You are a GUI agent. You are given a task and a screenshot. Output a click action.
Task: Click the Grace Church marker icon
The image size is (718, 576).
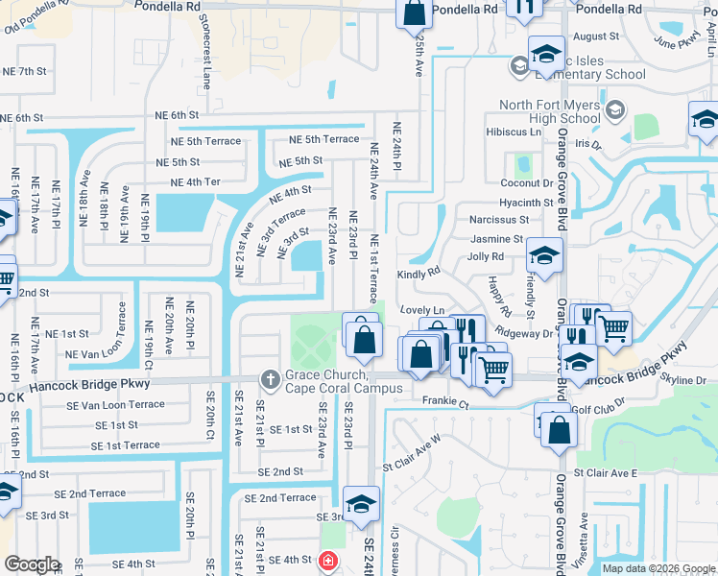269,380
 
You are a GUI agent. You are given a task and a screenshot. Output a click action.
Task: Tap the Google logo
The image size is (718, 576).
32,564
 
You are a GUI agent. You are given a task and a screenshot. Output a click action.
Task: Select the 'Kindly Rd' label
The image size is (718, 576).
419,272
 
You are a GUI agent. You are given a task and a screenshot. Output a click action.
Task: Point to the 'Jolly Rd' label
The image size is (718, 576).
485,256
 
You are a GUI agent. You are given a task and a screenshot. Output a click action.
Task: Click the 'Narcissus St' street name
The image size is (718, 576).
492,221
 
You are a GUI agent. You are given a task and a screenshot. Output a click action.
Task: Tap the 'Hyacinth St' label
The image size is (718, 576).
526,203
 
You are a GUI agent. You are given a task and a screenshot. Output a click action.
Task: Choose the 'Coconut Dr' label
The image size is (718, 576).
526,182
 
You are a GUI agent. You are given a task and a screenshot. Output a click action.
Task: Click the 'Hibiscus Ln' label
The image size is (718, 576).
514,132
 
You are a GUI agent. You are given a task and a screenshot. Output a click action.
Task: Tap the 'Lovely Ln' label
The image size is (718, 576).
423,310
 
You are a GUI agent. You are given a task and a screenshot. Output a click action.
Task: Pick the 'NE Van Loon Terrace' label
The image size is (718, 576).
103,354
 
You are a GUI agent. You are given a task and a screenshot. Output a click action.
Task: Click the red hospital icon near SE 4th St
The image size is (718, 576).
327,560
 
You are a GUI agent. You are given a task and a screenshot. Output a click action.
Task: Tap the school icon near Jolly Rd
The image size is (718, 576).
544,255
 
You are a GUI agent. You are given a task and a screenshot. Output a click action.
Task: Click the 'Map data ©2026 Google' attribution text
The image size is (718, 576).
658,568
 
